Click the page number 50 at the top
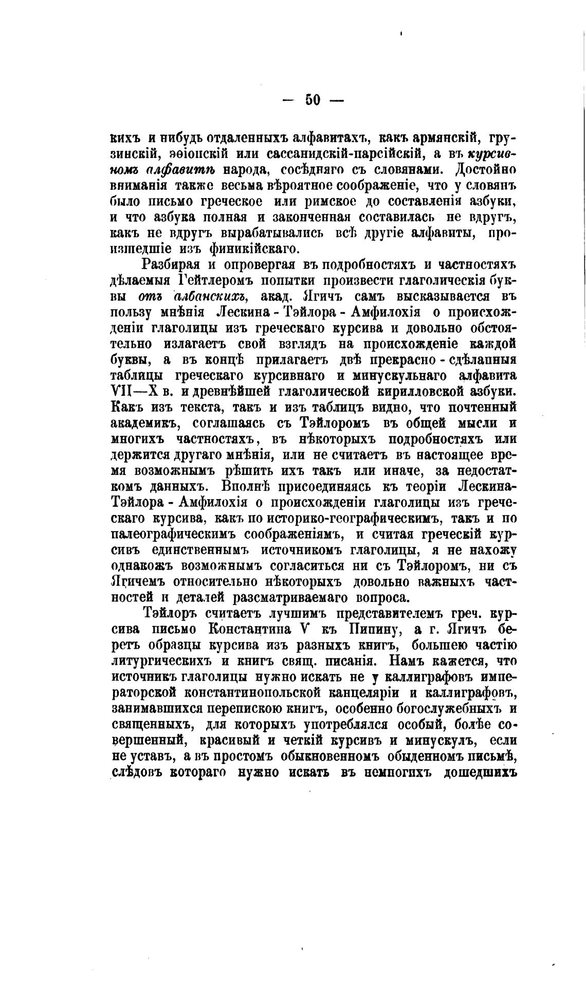point(313,99)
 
